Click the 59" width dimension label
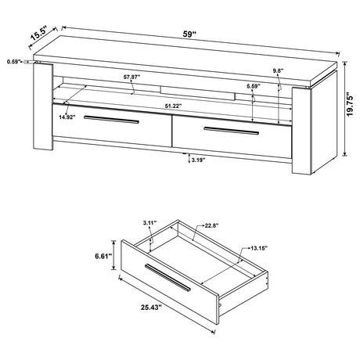[189, 34]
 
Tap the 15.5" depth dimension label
[38, 33]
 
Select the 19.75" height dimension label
[350, 106]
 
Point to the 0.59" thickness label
[14, 62]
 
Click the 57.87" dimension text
[131, 77]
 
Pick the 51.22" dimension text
[173, 106]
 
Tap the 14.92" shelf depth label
[67, 117]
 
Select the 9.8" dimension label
[278, 70]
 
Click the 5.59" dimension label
[253, 86]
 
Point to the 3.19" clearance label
[198, 160]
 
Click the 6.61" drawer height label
[103, 256]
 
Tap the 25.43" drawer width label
[152, 308]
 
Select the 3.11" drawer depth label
[149, 223]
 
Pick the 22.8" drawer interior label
[211, 225]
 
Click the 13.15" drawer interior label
[259, 248]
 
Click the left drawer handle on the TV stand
[111, 119]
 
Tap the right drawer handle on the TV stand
[232, 131]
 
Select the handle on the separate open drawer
[167, 277]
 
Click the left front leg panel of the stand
[43, 106]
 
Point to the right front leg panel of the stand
[302, 131]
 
